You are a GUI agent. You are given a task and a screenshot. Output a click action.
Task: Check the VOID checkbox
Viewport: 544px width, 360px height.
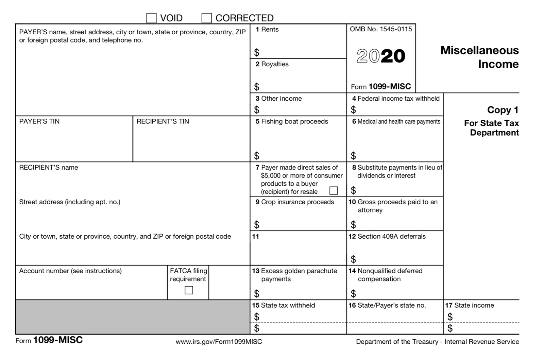[151, 18]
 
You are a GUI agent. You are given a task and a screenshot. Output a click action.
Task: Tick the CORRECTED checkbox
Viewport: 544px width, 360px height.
[207, 18]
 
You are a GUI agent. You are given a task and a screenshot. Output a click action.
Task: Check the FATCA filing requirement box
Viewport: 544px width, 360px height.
[189, 290]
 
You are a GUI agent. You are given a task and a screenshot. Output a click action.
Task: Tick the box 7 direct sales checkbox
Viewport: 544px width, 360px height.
[334, 191]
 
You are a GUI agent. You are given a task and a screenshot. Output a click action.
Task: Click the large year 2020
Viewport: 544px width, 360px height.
[381, 56]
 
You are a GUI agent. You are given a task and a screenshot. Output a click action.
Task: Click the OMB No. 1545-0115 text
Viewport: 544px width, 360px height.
[381, 29]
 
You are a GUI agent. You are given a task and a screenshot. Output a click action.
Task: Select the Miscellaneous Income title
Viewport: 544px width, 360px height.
[479, 57]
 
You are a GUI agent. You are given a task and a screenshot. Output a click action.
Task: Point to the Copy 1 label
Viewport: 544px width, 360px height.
[503, 110]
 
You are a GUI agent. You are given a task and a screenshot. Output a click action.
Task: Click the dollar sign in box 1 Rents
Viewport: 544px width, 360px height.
[257, 52]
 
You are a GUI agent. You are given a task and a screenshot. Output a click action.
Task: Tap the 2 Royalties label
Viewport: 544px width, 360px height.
[272, 64]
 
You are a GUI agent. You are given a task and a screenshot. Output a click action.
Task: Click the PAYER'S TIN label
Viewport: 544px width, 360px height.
[39, 121]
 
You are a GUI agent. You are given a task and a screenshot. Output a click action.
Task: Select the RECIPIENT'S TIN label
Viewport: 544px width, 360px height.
[163, 121]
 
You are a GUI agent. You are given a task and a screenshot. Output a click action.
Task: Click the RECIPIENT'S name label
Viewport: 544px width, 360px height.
[48, 168]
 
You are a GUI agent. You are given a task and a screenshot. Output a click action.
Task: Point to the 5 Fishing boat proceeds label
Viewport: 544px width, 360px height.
[292, 122]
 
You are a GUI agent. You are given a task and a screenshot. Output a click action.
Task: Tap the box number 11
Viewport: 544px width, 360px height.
[255, 237]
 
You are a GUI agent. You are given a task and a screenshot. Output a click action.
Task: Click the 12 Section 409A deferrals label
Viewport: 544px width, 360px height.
[387, 237]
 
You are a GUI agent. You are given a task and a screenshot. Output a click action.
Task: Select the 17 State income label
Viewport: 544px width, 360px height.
[470, 305]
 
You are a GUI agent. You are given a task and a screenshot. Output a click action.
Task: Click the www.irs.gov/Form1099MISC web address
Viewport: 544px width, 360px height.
[219, 342]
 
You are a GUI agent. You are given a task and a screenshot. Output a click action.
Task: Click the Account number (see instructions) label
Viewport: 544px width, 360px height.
[70, 271]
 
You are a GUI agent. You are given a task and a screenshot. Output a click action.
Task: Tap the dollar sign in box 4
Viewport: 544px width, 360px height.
[353, 110]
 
